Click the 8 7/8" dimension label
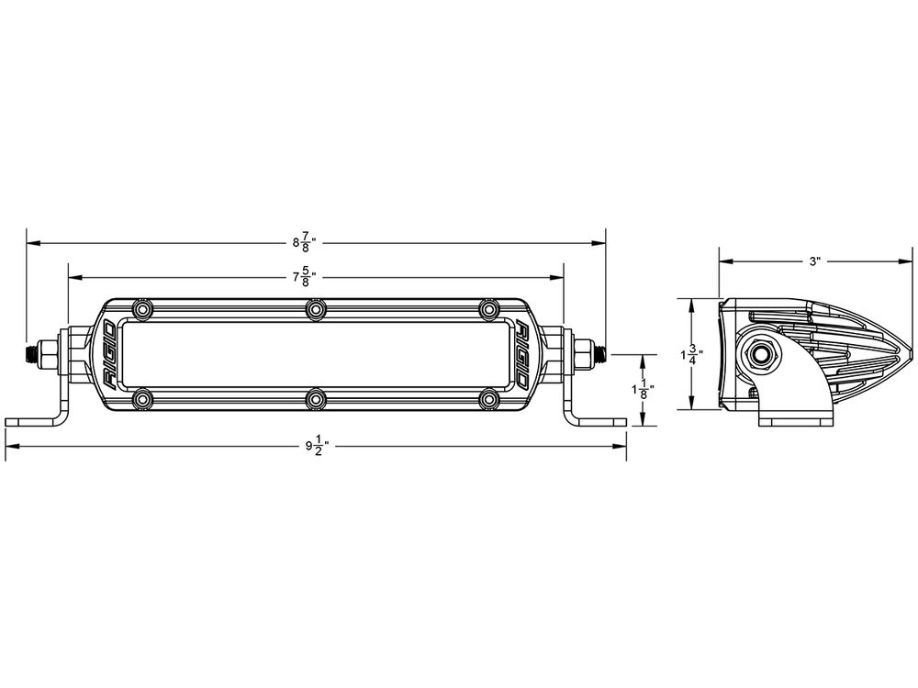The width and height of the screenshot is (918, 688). click(x=304, y=243)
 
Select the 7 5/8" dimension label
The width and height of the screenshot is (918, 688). click(x=304, y=275)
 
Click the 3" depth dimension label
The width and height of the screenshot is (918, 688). click(x=814, y=261)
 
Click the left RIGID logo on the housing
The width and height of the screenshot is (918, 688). click(x=107, y=354)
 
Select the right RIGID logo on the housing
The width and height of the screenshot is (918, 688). click(x=521, y=354)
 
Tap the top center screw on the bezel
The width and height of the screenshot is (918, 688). click(x=315, y=311)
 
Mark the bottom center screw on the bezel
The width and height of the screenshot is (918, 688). click(x=315, y=398)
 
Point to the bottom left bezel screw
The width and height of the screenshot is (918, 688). click(x=141, y=398)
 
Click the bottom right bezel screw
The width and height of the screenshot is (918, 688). click(x=488, y=398)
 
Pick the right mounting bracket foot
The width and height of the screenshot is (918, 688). click(x=601, y=421)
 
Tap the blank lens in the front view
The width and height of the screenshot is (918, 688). click(x=315, y=354)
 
